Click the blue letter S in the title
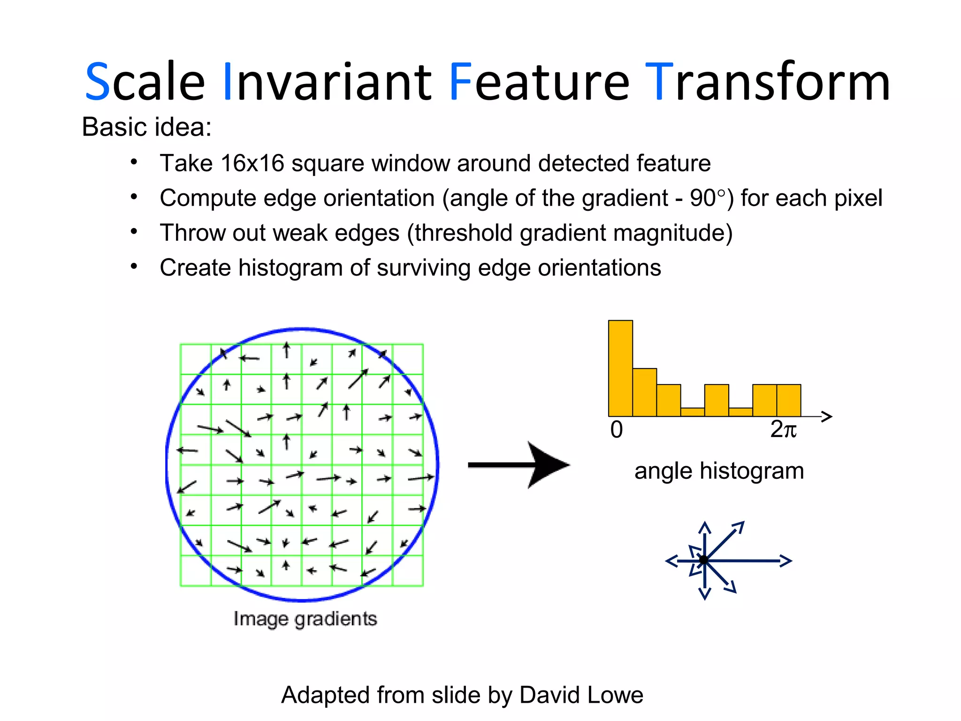pos(98,82)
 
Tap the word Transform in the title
pos(768,82)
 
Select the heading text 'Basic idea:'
pos(146,127)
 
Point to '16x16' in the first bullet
pos(252,163)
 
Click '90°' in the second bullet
pos(708,198)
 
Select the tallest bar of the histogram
pos(620,368)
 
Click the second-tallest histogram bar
pos(644,392)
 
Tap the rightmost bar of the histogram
pos(788,400)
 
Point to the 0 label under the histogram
pos(617,430)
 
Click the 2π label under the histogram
pos(783,430)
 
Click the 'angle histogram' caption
pos(719,471)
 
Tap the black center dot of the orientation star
pos(704,560)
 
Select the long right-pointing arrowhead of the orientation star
pos(786,560)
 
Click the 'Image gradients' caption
pos(305,619)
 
